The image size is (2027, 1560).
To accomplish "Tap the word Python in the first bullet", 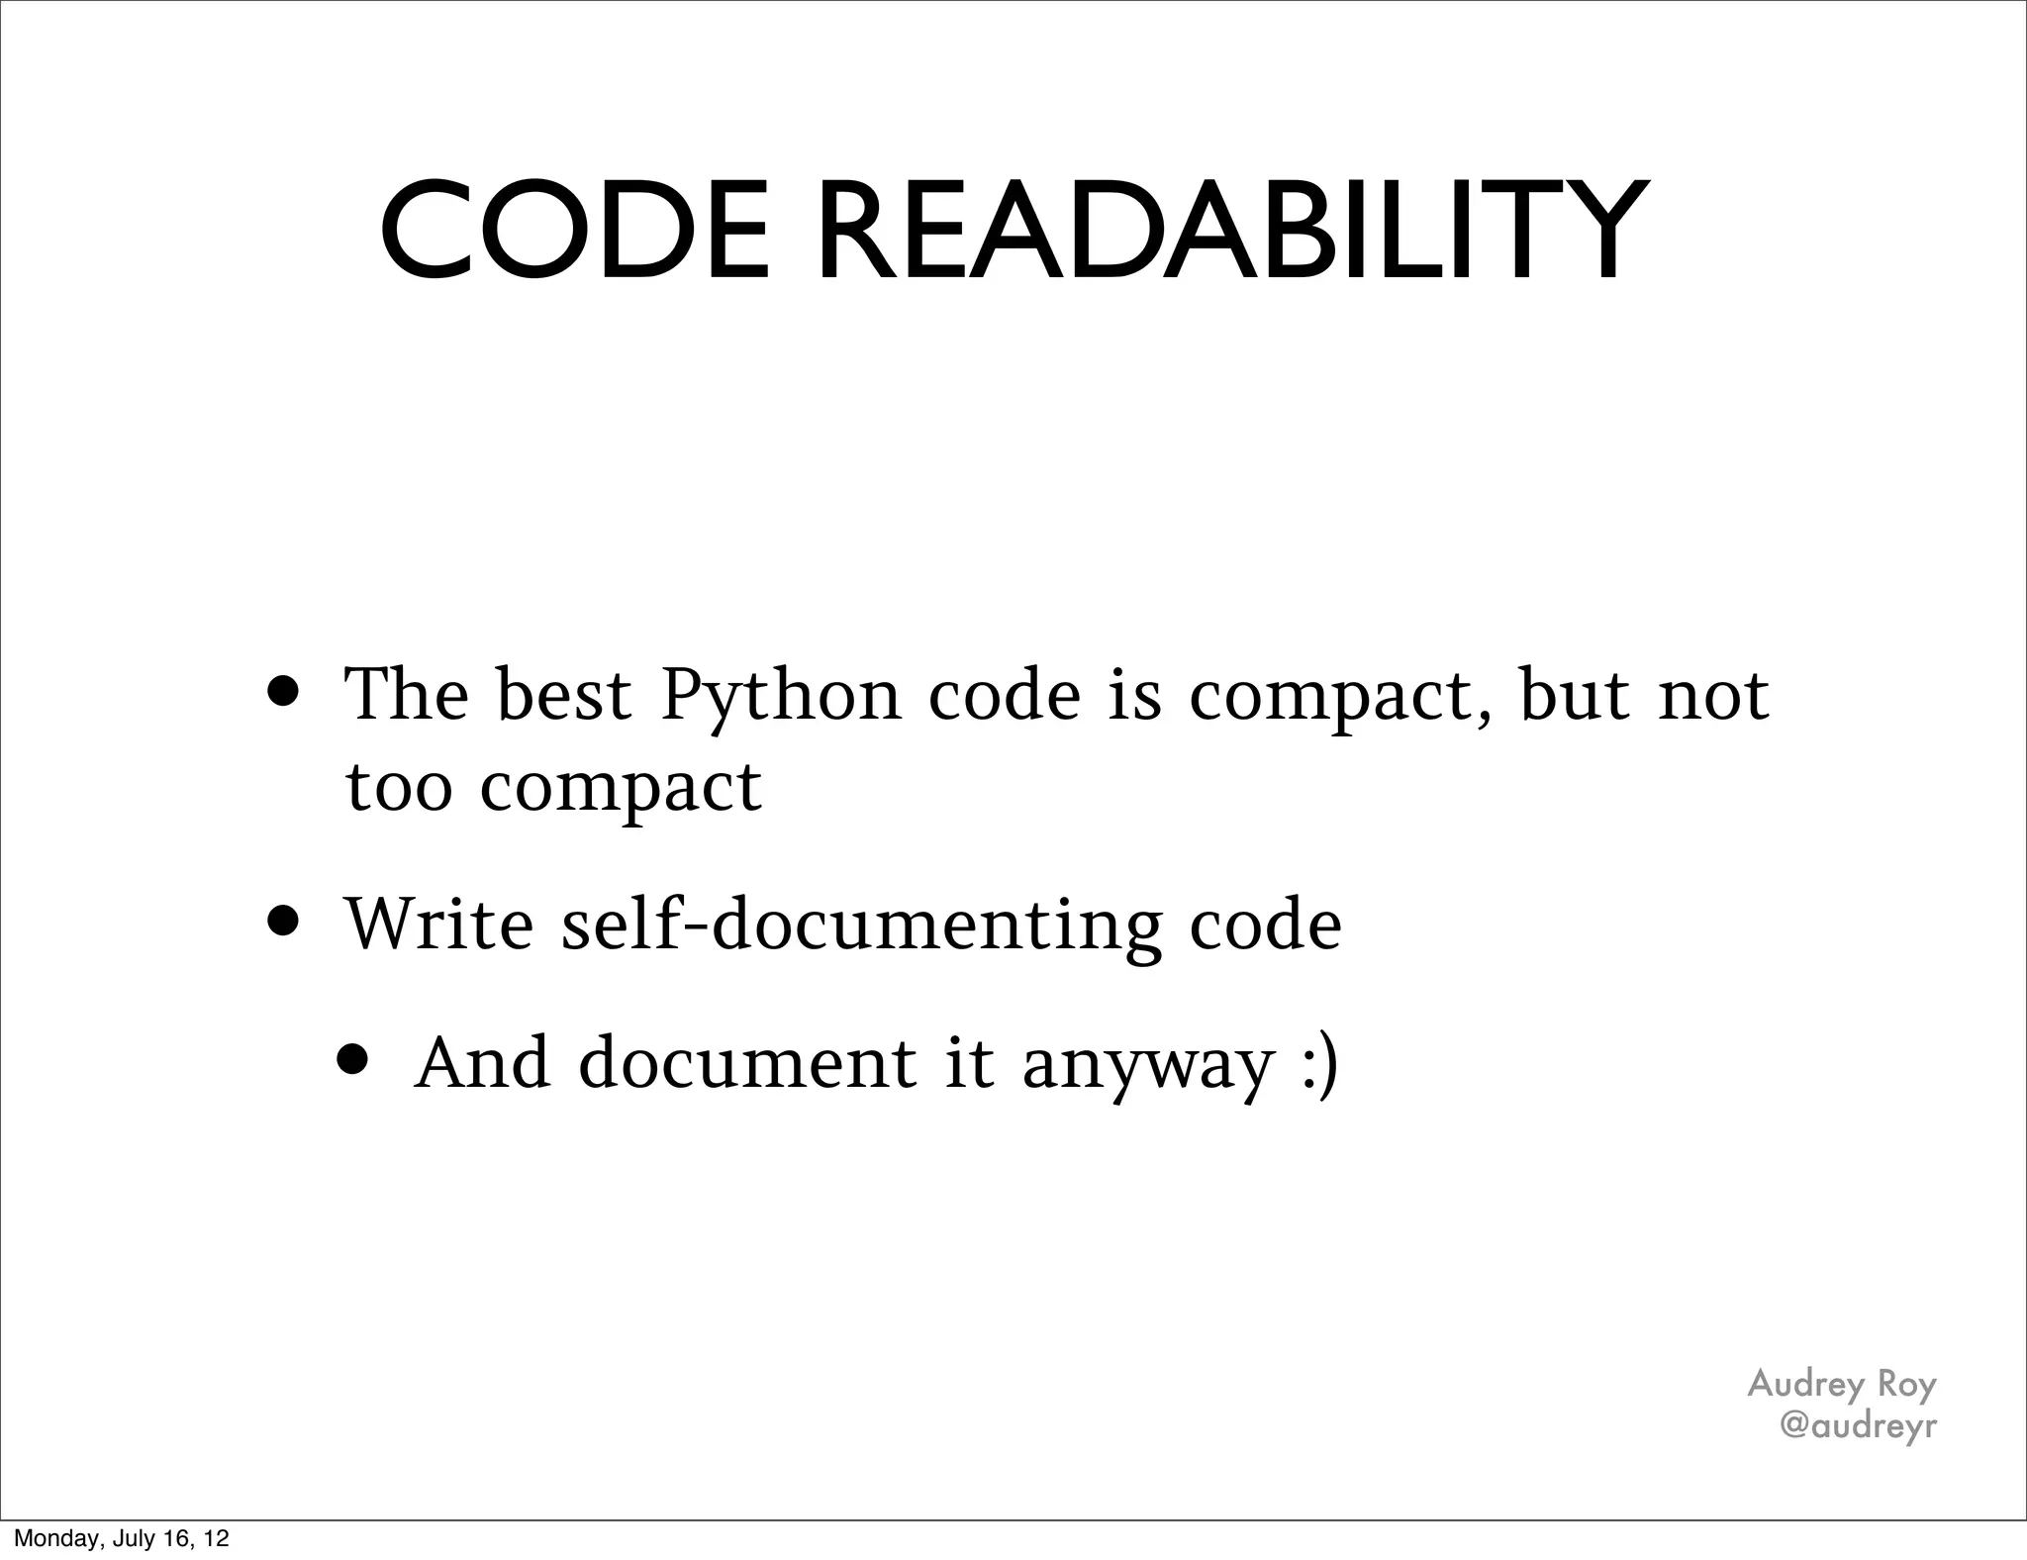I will point(781,697).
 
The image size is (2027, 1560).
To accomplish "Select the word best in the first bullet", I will point(563,695).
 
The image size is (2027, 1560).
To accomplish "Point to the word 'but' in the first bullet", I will point(1575,695).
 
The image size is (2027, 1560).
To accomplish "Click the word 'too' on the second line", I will point(399,788).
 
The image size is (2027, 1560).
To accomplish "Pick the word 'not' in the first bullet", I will point(1713,697).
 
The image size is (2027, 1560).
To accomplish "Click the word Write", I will point(437,924).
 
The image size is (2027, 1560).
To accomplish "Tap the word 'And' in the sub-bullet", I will point(482,1063).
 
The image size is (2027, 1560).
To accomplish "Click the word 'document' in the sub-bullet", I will point(747,1063).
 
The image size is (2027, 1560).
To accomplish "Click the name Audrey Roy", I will point(1841,1384).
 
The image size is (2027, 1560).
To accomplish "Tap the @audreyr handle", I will point(1857,1425).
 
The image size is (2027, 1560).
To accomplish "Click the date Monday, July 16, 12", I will point(121,1538).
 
